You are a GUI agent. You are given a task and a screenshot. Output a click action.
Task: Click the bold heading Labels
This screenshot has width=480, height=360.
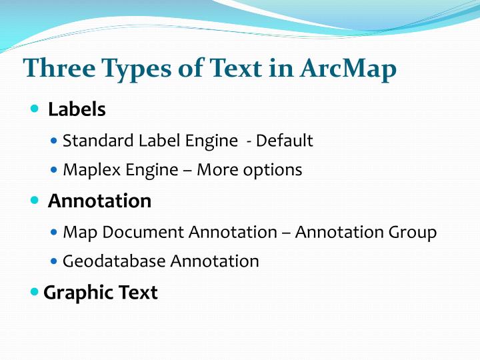[x=77, y=109]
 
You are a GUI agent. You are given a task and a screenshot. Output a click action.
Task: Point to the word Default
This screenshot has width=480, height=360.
[x=285, y=141]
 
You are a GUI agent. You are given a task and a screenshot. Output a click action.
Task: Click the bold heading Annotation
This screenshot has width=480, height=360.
[x=99, y=200]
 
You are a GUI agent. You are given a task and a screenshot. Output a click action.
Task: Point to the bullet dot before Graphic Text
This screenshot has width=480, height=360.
[x=35, y=291]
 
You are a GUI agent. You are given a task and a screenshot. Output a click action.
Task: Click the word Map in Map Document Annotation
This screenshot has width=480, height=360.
[x=77, y=232]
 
